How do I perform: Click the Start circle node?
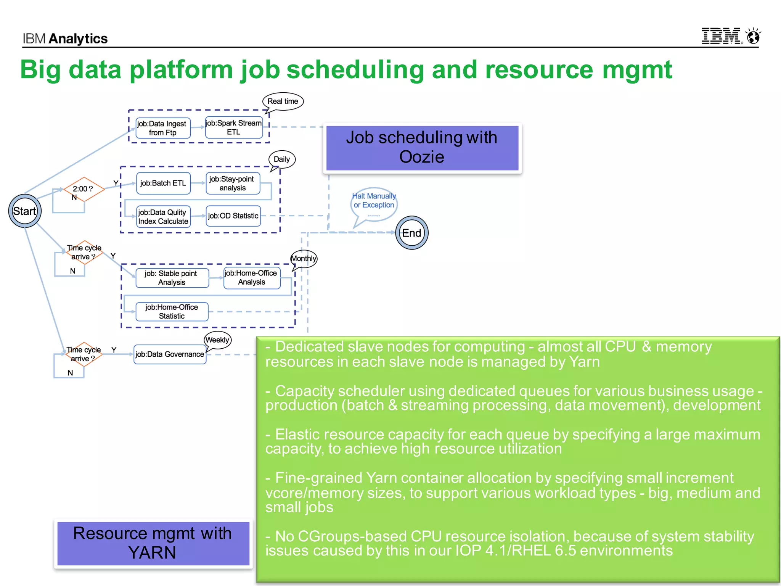click(25, 211)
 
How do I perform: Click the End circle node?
click(411, 233)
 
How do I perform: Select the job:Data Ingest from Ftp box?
click(163, 128)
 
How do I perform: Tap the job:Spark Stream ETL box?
click(234, 127)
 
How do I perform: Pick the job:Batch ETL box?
click(163, 183)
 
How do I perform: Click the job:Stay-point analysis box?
click(233, 184)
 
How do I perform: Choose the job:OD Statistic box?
click(233, 216)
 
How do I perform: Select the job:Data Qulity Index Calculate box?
click(163, 217)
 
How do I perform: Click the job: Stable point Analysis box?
click(172, 278)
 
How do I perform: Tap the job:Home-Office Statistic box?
click(172, 312)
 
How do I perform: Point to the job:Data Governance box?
click(170, 354)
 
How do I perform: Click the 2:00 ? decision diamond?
click(84, 189)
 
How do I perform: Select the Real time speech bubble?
click(283, 101)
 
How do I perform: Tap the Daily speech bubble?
click(282, 159)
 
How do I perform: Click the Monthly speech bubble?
click(304, 259)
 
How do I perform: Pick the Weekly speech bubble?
click(217, 340)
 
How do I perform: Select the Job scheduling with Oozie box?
click(422, 148)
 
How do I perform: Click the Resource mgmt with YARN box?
click(153, 543)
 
